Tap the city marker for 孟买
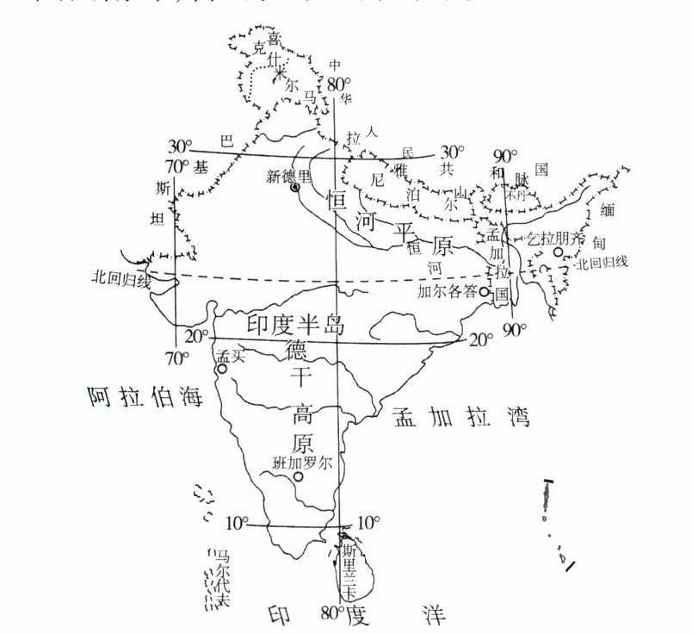pos(223,369)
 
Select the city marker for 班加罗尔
pos(298,476)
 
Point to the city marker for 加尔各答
pos(485,292)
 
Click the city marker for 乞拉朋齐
pos(558,252)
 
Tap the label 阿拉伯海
pos(144,397)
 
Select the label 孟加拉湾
pos(460,418)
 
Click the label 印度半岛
pos(295,326)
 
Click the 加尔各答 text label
pos(448,292)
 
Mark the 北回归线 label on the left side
pos(123,279)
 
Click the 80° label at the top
pos(339,84)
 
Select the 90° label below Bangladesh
pos(515,330)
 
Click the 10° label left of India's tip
pos(238,523)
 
